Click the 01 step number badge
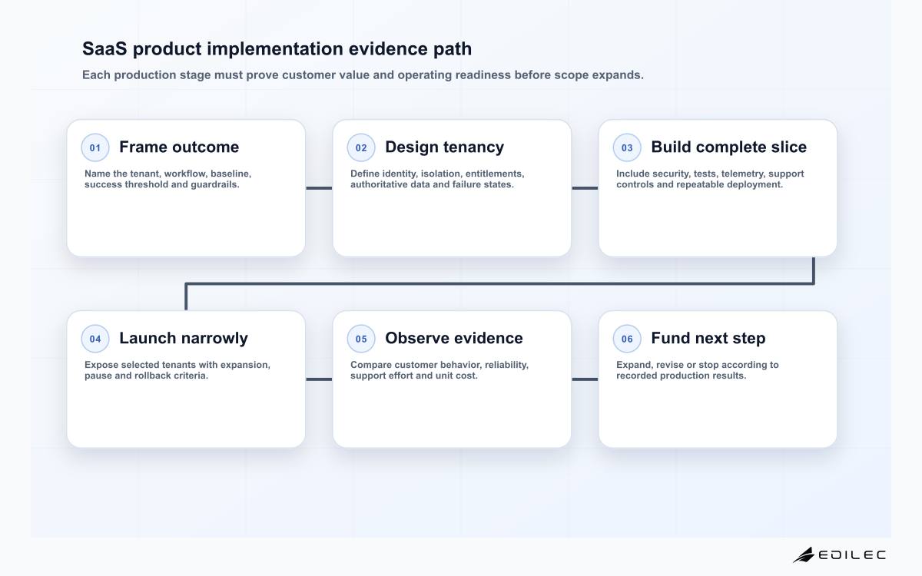tap(95, 147)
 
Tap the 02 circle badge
tap(361, 147)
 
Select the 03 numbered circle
tap(627, 147)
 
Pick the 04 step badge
tap(95, 339)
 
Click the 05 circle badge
tap(361, 339)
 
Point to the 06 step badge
tap(627, 339)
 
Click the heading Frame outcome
tap(179, 147)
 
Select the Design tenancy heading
tap(445, 147)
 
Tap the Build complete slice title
tap(729, 147)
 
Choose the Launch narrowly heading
tap(184, 338)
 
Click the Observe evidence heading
tap(454, 338)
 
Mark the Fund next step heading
tap(708, 338)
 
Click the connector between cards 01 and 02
tap(319, 188)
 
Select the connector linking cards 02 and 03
tap(585, 188)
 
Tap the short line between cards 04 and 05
tap(319, 379)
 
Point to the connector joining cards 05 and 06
tap(585, 379)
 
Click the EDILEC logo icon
tap(804, 555)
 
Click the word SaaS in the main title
tap(105, 48)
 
